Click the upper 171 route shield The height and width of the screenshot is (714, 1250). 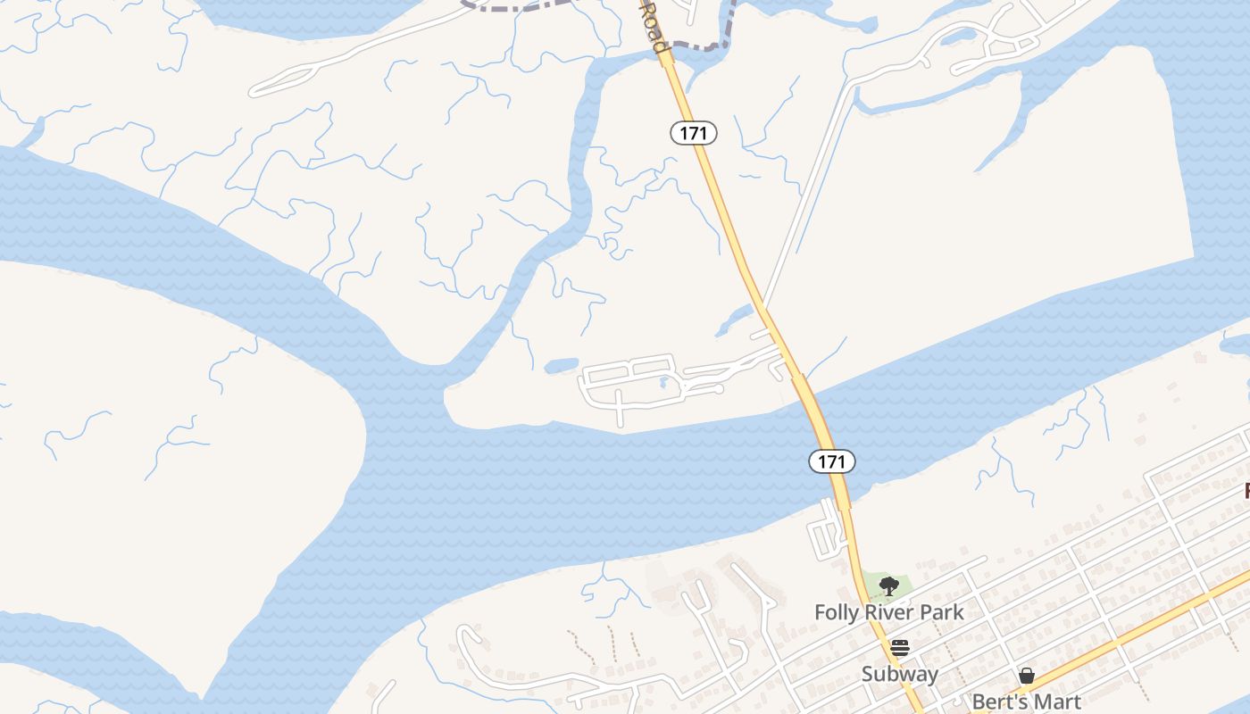tap(693, 133)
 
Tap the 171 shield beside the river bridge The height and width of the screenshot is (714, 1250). tap(832, 461)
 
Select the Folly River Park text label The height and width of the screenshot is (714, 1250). tap(888, 612)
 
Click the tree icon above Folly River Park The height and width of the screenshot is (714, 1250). tap(888, 586)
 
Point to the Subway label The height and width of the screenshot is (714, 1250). tap(899, 674)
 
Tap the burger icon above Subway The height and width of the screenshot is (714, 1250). tap(899, 648)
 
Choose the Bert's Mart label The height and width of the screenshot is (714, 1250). tap(1026, 702)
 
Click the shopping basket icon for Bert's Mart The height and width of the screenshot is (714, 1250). tap(1027, 676)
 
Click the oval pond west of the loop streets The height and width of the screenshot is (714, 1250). tap(561, 365)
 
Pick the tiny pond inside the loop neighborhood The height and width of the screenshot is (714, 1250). tap(662, 383)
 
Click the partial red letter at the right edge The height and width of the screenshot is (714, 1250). tap(1246, 491)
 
